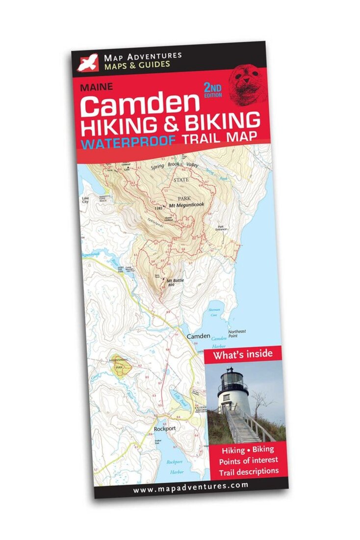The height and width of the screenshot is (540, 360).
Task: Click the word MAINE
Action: [96, 87]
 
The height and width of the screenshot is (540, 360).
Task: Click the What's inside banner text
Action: [242, 354]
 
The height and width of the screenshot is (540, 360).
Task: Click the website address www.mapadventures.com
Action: [190, 486]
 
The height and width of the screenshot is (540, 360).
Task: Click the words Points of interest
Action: [248, 460]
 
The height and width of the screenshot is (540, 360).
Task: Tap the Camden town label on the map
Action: [198, 336]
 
